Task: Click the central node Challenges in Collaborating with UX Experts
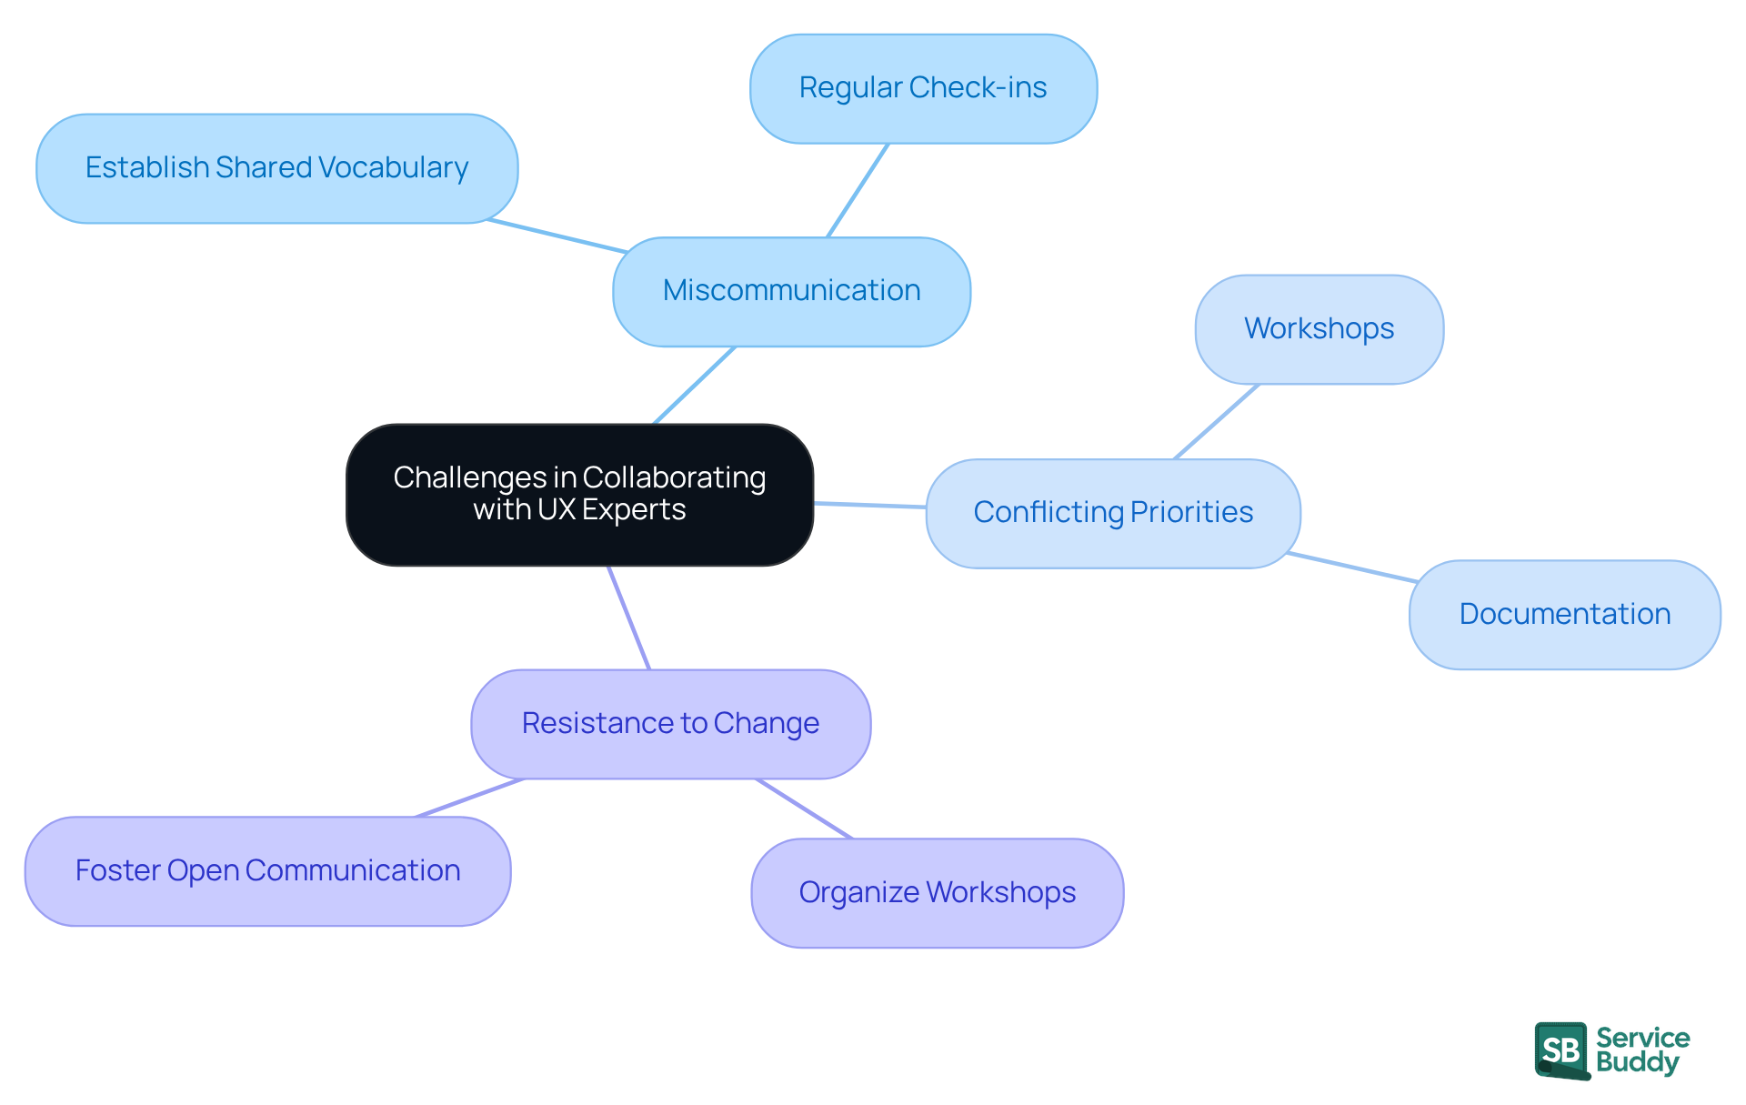click(x=579, y=494)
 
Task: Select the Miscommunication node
click(x=791, y=291)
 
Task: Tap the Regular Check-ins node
click(x=923, y=88)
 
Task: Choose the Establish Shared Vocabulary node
click(x=276, y=168)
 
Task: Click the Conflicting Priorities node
click(x=1113, y=513)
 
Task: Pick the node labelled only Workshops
click(x=1319, y=329)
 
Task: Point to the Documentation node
click(x=1564, y=615)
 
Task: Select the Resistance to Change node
click(x=670, y=724)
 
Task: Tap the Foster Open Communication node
click(x=267, y=871)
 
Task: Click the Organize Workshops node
click(x=937, y=893)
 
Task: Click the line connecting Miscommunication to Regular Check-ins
click(x=858, y=190)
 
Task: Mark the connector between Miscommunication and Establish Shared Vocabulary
click(x=557, y=236)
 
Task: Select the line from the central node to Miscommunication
click(x=694, y=385)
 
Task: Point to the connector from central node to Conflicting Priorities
click(x=869, y=505)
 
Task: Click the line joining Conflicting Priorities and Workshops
click(x=1217, y=421)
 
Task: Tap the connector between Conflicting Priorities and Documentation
click(x=1352, y=567)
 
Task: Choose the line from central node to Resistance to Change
click(x=628, y=618)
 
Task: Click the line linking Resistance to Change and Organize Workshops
click(x=804, y=809)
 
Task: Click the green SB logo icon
click(x=1561, y=1050)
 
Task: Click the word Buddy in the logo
click(x=1637, y=1063)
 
